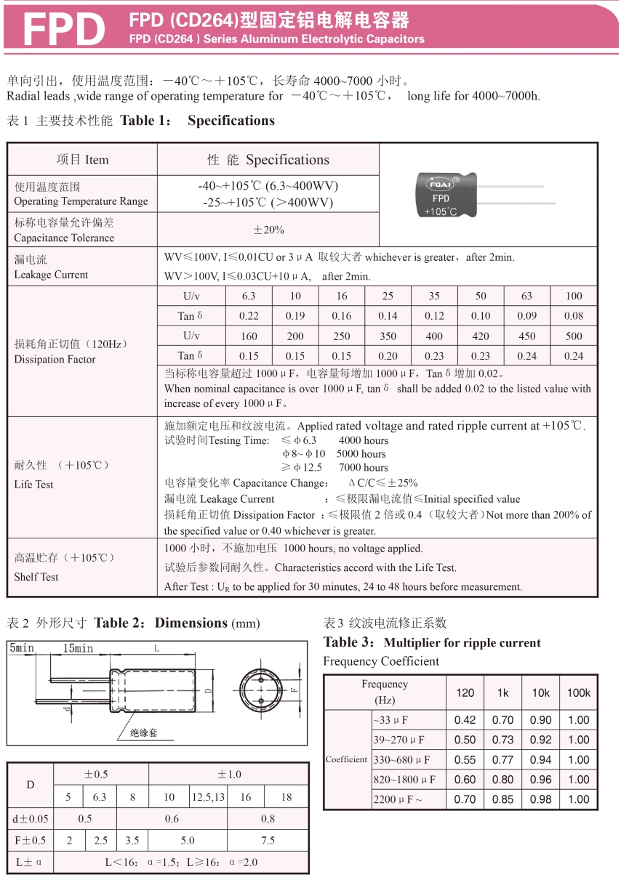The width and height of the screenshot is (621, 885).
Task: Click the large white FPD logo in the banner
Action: pos(65,29)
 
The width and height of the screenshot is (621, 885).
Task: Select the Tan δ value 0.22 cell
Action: pos(249,316)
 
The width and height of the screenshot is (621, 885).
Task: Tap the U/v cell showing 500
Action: pos(574,336)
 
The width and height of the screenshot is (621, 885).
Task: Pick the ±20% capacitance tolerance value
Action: pos(268,230)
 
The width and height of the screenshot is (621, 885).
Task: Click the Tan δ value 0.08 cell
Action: pos(574,316)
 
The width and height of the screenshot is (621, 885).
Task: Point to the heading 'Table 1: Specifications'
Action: pos(197,121)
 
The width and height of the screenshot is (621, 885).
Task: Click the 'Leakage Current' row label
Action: pos(51,267)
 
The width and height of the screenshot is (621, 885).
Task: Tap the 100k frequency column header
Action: pos(579,693)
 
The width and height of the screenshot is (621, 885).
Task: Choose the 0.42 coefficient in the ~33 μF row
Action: pos(465,720)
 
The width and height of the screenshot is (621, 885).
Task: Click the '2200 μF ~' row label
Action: pos(397,799)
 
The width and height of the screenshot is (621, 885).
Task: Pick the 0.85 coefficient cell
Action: pos(502,799)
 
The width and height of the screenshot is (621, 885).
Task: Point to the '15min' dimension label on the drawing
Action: pos(78,648)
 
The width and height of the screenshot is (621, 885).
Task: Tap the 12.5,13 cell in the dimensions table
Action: pos(209,797)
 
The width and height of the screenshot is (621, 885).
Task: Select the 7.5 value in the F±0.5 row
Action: pos(268,840)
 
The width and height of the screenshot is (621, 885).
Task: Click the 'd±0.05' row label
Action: pos(31,819)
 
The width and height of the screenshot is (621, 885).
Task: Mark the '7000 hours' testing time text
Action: pos(364,467)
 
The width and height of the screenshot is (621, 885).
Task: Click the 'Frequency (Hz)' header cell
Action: pos(385,692)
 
